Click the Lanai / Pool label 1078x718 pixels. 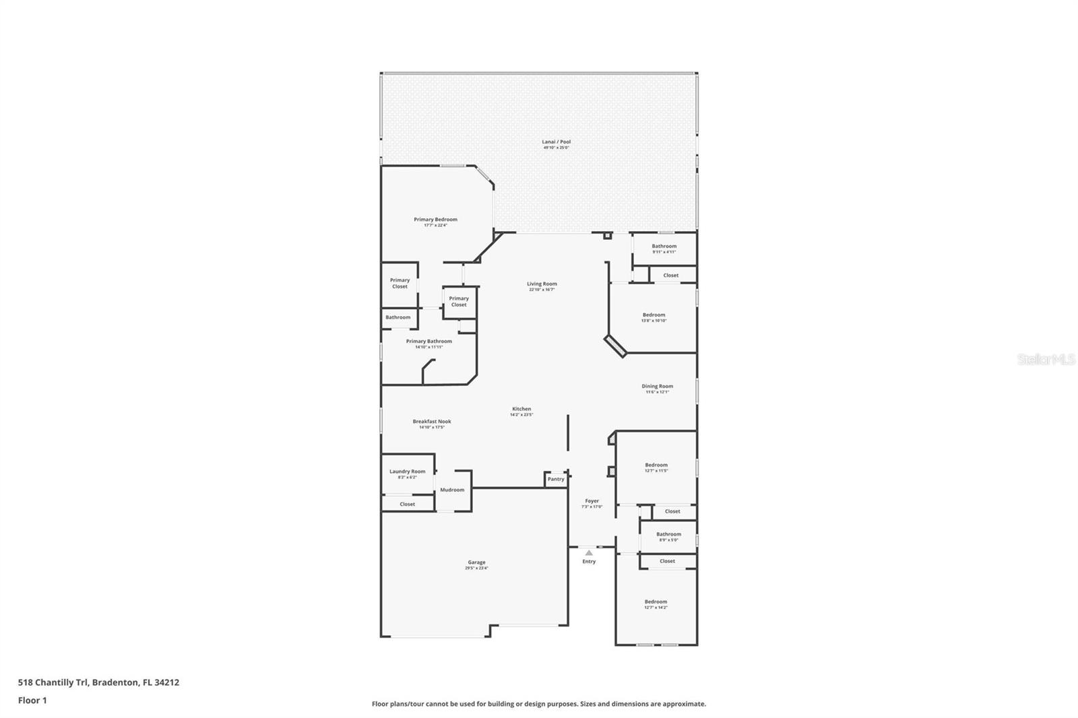(556, 142)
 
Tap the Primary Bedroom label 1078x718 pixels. (435, 220)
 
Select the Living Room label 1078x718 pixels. (542, 284)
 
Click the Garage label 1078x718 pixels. (476, 562)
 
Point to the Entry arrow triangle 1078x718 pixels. (589, 553)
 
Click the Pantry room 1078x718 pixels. (556, 479)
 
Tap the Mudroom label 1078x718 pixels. (452, 490)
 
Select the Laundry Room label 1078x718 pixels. (407, 471)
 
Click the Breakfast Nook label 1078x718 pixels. (432, 422)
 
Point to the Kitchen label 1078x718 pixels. (521, 409)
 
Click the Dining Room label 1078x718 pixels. (657, 387)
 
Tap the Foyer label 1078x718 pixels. (592, 501)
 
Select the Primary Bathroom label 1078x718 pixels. (429, 341)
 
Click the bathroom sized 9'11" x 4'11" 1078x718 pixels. (664, 247)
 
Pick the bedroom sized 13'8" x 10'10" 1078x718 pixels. (654, 316)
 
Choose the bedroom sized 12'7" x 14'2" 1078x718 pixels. (656, 603)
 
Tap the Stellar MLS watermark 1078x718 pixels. (1046, 360)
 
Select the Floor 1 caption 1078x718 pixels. (32, 700)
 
